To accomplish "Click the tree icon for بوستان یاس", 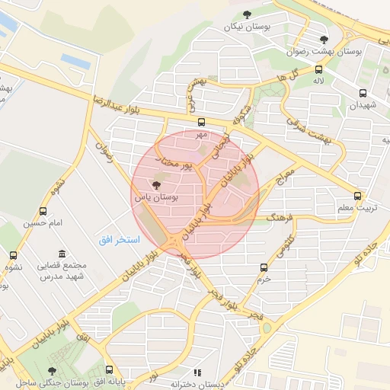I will pyautogui.click(x=157, y=184).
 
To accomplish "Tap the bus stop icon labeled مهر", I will pyautogui.click(x=201, y=122).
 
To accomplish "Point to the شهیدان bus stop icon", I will pyautogui.click(x=363, y=94).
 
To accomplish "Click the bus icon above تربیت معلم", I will pyautogui.click(x=357, y=195).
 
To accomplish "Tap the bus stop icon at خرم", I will pyautogui.click(x=264, y=267).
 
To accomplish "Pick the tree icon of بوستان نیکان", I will pyautogui.click(x=246, y=14).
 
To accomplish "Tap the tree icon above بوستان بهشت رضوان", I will pyautogui.click(x=324, y=40).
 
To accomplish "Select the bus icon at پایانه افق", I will pyautogui.click(x=109, y=369).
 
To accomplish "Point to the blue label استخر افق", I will pyautogui.click(x=119, y=239).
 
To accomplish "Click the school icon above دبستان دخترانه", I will pyautogui.click(x=197, y=372).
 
